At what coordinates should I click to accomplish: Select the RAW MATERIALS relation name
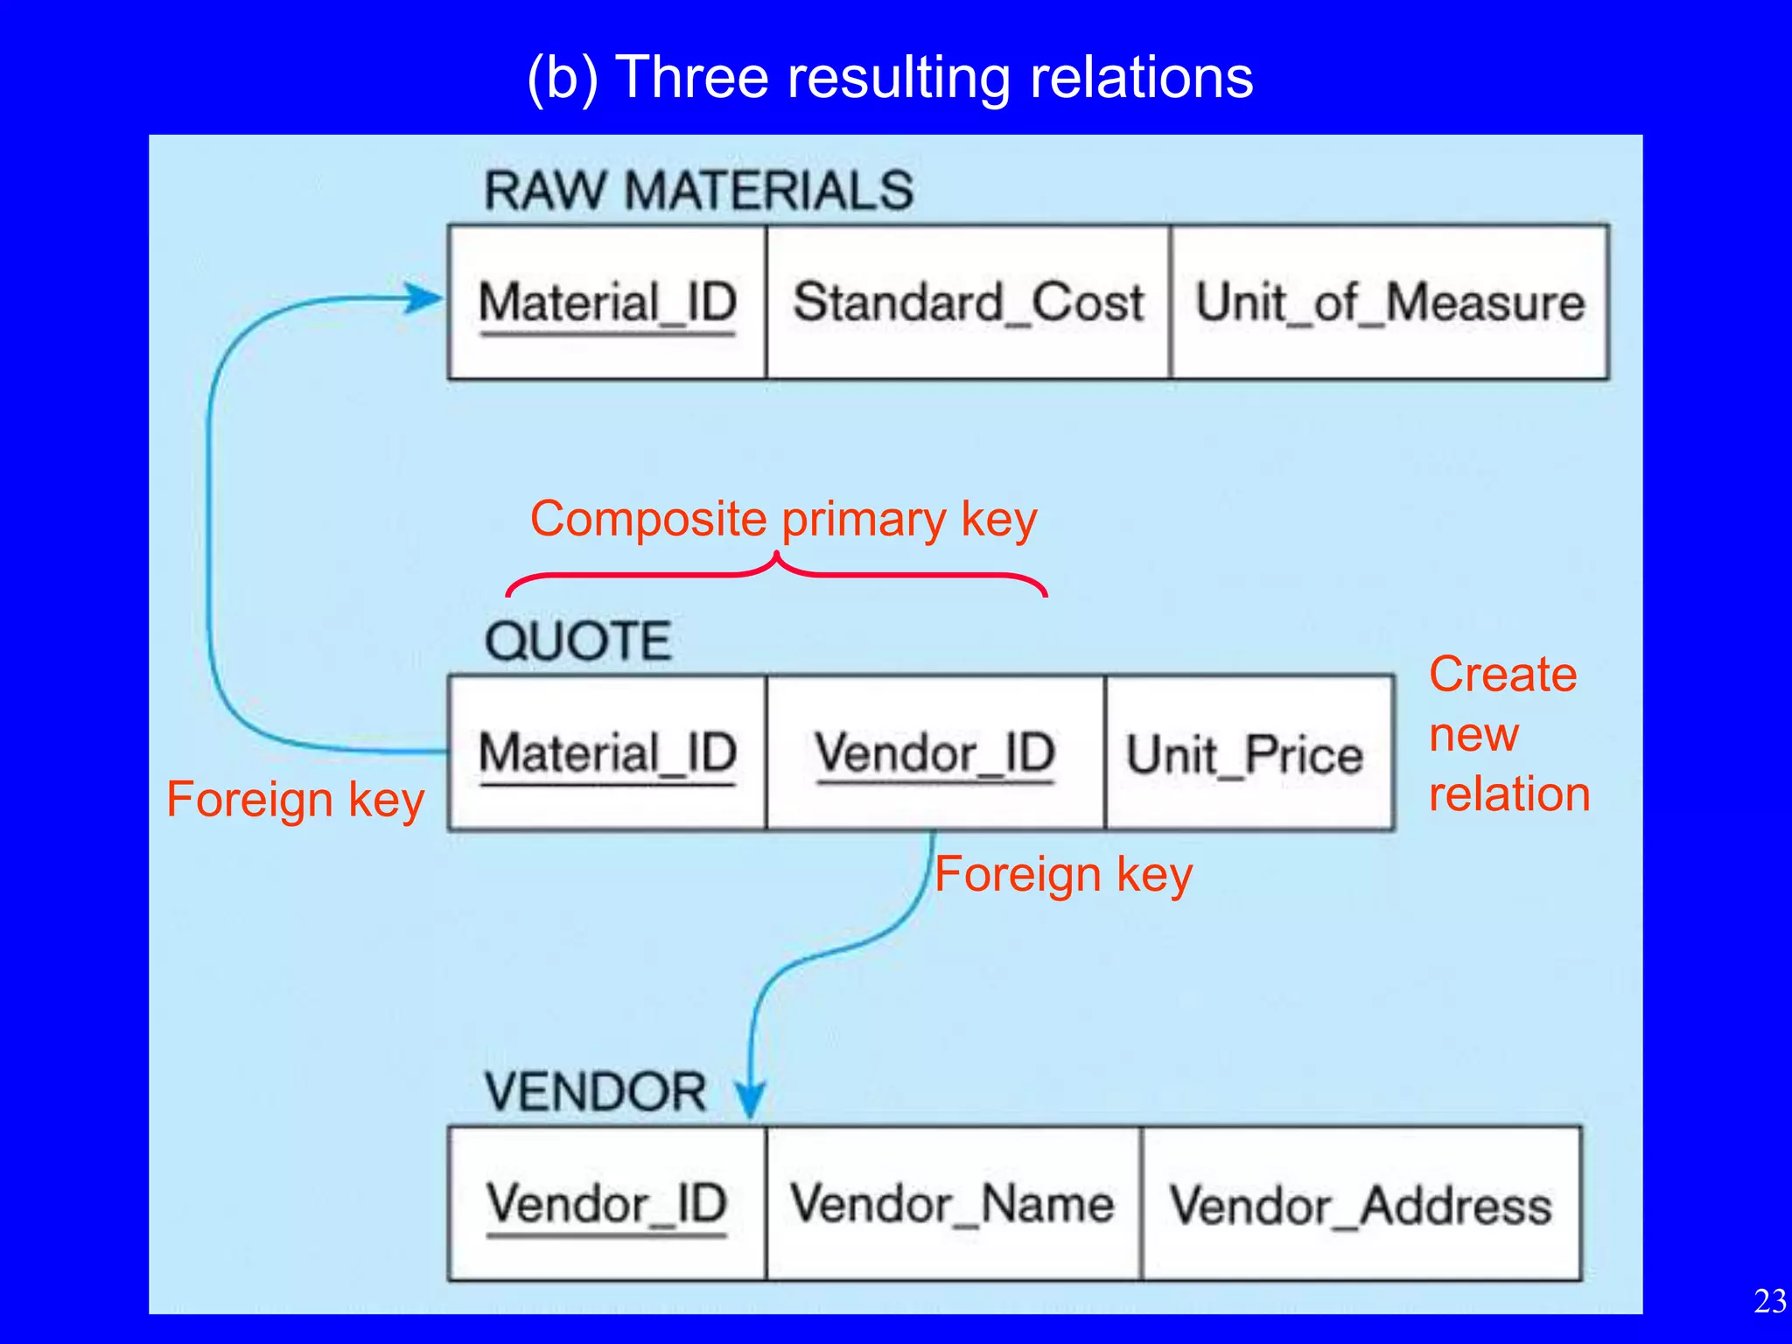pos(698,190)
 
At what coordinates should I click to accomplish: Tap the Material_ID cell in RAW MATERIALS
pos(607,303)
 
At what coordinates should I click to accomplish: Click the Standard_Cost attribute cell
pos(968,303)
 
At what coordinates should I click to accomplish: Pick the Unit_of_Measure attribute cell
pos(1389,303)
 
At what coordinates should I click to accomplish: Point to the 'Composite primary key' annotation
pos(783,519)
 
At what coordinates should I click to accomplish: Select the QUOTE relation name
pos(577,640)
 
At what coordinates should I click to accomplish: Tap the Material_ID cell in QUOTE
pos(607,753)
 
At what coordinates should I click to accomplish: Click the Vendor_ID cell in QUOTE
pos(934,753)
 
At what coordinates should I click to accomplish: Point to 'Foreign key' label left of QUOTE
pos(295,800)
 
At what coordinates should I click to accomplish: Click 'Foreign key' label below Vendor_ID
pos(1063,874)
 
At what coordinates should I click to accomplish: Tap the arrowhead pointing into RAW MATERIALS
pos(426,298)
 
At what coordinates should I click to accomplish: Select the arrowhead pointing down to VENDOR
pos(750,1098)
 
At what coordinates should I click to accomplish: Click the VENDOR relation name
pos(595,1092)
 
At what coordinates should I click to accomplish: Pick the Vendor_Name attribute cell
pos(952,1205)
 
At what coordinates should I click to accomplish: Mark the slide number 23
pos(1769,1301)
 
